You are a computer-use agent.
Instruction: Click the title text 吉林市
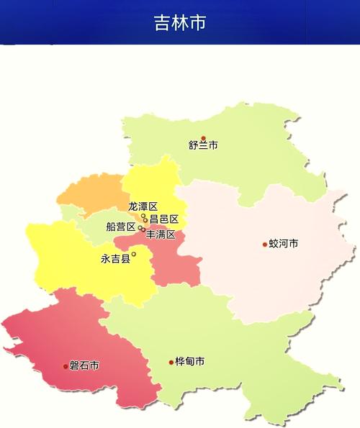[x=180, y=22]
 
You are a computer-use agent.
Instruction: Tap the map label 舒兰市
[x=203, y=146]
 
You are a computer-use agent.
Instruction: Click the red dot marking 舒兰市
[x=203, y=138]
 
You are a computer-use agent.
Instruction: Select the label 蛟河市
[x=284, y=244]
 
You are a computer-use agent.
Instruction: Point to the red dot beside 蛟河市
[x=265, y=245]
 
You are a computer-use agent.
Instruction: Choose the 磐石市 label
[x=84, y=366]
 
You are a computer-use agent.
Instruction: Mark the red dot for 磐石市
[x=66, y=366]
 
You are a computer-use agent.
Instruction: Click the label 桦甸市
[x=189, y=362]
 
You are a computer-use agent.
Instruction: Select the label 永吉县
[x=115, y=259]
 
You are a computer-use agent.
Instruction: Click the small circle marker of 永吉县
[x=134, y=253]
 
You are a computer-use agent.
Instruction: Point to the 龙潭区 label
[x=143, y=206]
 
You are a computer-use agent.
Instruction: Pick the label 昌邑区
[x=163, y=219]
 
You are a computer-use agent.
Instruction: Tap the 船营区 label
[x=120, y=227]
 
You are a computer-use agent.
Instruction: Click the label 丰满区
[x=161, y=235]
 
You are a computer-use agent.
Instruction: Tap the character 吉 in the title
[x=162, y=22]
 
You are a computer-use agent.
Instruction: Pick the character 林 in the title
[x=180, y=22]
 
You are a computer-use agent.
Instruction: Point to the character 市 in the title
[x=198, y=22]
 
